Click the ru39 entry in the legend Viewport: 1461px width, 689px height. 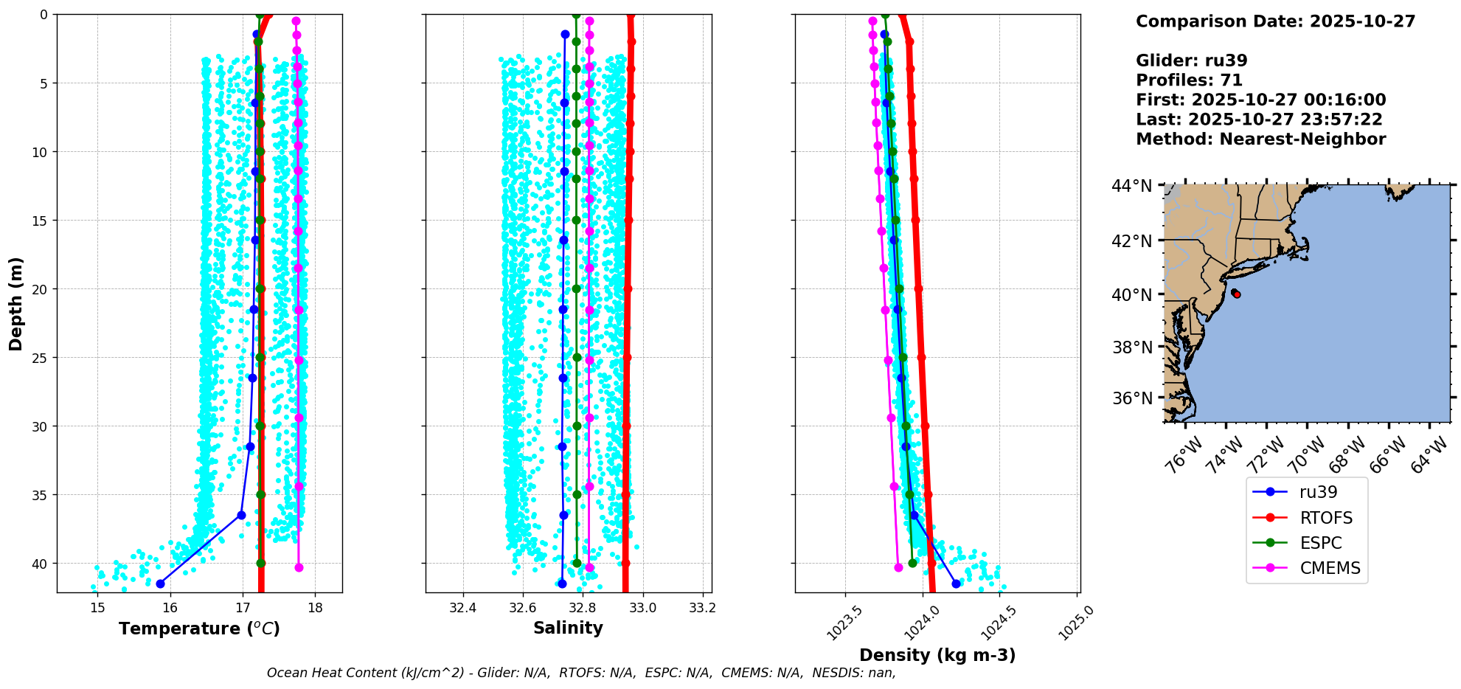1318,492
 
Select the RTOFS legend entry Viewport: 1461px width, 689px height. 1325,518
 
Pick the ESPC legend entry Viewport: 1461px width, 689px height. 1320,543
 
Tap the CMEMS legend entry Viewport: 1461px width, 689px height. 1329,568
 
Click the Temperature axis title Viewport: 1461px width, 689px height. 199,629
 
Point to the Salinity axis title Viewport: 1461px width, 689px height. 568,628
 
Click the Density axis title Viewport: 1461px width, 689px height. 937,655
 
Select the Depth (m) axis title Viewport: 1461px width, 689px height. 15,303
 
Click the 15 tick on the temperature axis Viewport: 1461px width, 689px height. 97,608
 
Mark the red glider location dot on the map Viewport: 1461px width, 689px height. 1236,294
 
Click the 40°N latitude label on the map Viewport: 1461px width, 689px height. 1131,295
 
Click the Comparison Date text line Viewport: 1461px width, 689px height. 1275,21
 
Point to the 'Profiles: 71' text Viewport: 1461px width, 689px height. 1189,80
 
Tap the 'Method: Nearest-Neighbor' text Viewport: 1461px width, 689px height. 1260,139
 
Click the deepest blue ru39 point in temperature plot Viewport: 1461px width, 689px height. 160,584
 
